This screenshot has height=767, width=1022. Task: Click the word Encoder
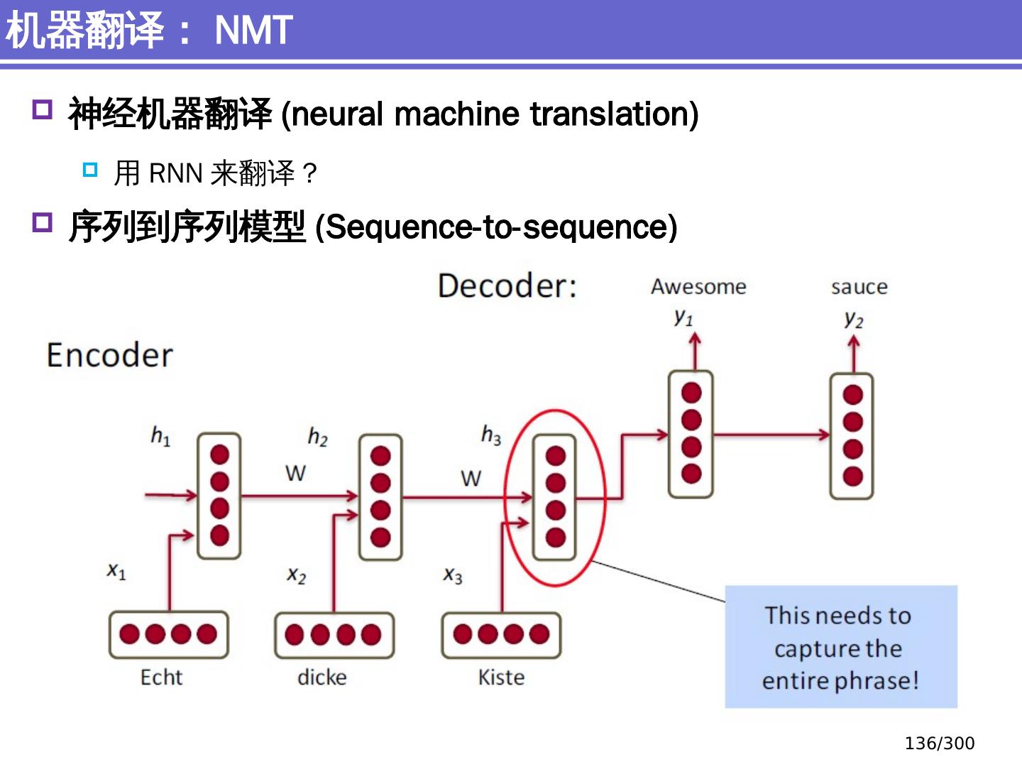(110, 355)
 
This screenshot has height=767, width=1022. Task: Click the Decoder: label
(507, 285)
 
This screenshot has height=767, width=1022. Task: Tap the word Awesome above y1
(698, 286)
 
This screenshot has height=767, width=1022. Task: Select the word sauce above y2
(859, 288)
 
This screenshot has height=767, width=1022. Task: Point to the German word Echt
(162, 677)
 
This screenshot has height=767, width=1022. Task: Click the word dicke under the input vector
(322, 677)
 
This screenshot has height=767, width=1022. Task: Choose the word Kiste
(502, 677)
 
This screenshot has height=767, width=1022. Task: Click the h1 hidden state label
(160, 436)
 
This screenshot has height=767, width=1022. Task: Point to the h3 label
(491, 435)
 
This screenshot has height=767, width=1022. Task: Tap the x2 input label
(297, 575)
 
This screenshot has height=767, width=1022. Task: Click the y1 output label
(683, 317)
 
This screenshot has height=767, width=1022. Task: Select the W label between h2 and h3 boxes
(471, 478)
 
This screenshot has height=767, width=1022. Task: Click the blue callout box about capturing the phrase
(841, 647)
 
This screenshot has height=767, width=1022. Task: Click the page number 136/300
(940, 744)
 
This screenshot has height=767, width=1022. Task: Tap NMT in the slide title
(254, 31)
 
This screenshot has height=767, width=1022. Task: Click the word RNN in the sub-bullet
(176, 173)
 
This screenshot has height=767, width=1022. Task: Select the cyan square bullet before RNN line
(90, 170)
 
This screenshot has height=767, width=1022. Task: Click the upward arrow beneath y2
(854, 354)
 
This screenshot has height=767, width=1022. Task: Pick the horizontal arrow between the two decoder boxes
(771, 435)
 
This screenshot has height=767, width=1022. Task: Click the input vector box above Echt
(168, 634)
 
